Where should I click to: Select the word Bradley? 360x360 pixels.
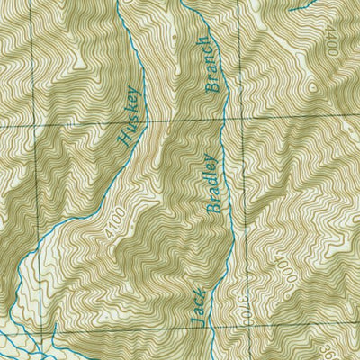pos(212,184)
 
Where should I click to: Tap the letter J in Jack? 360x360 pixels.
pos(195,319)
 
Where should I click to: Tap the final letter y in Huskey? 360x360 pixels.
pos(135,92)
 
